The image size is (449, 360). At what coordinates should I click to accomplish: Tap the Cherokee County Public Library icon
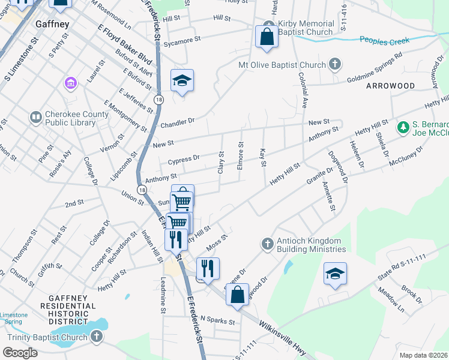pyautogui.click(x=35, y=116)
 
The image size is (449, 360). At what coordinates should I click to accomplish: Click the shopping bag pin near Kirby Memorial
pyautogui.click(x=266, y=37)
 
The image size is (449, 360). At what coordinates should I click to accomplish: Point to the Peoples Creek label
pyautogui.click(x=384, y=40)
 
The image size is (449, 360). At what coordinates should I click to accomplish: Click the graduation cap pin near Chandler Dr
pyautogui.click(x=182, y=80)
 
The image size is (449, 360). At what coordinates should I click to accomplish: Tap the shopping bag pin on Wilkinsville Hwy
pyautogui.click(x=238, y=295)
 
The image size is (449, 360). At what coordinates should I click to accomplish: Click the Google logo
pyautogui.click(x=20, y=353)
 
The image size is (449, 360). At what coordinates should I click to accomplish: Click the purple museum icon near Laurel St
pyautogui.click(x=70, y=82)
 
